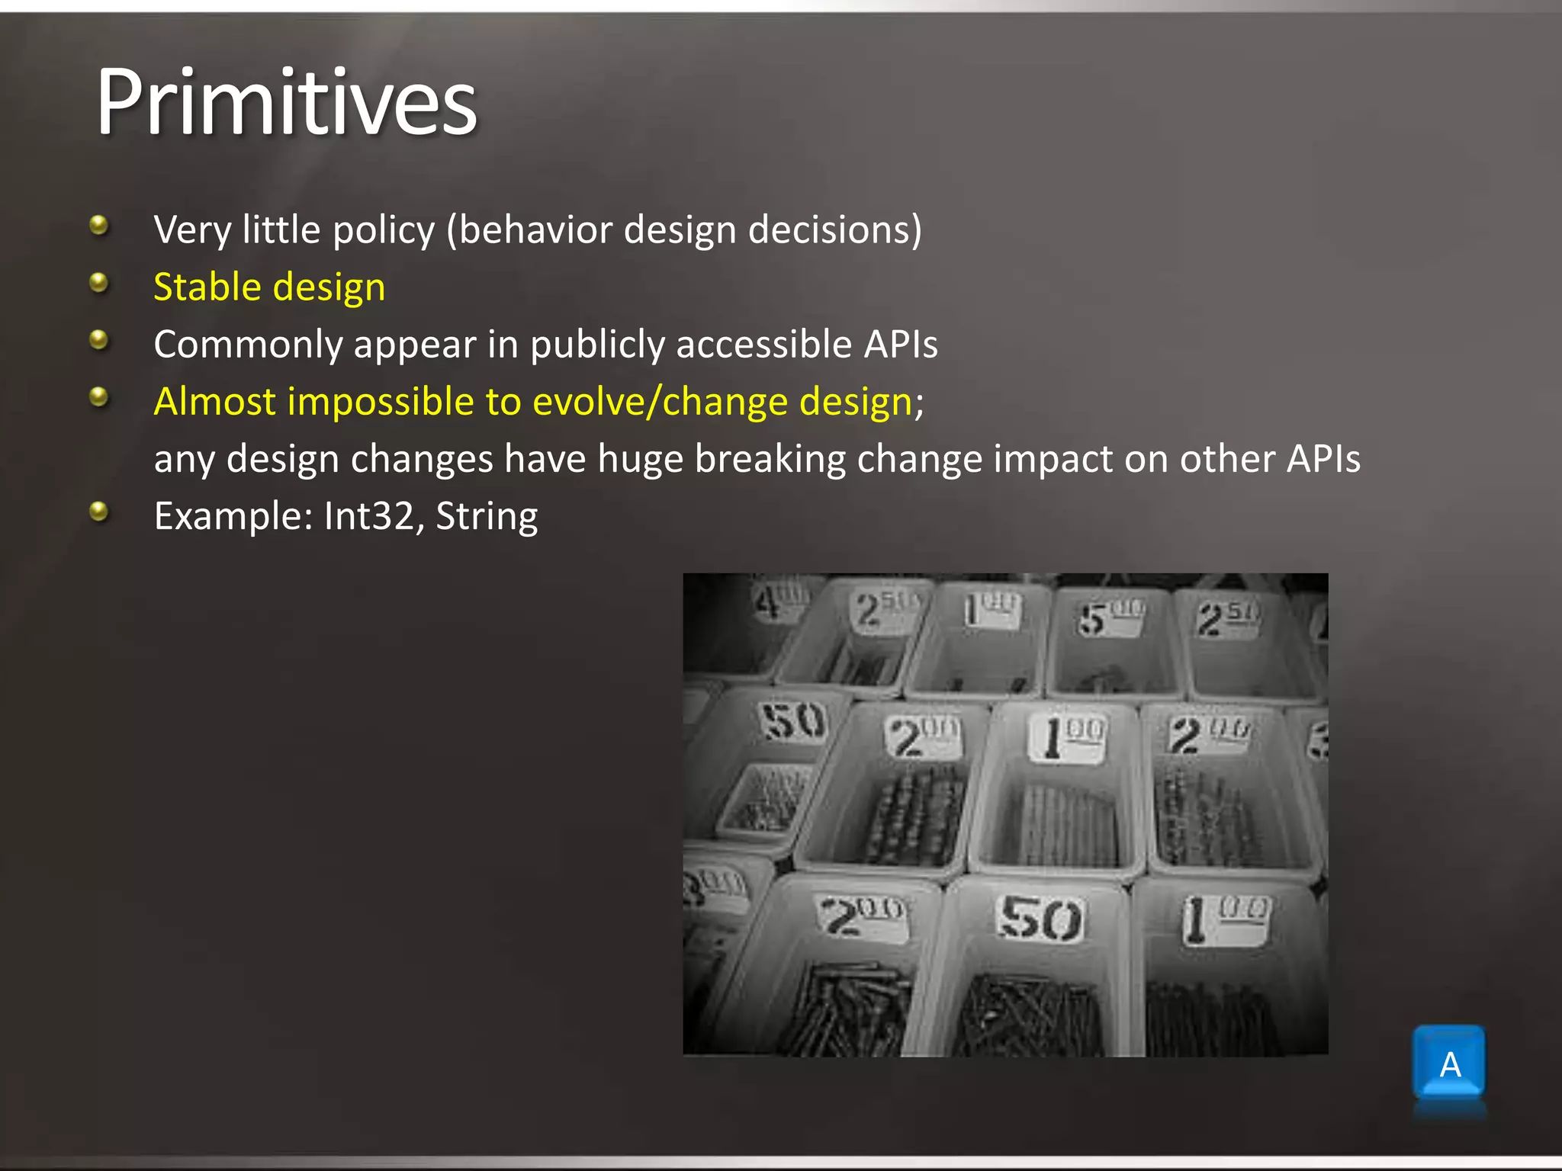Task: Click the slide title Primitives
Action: pyautogui.click(x=286, y=103)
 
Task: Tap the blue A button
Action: pyautogui.click(x=1448, y=1063)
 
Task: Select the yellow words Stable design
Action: pyautogui.click(x=269, y=287)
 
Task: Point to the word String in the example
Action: pyautogui.click(x=487, y=516)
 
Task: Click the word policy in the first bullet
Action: pyautogui.click(x=384, y=230)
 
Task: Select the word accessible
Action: pyautogui.click(x=763, y=345)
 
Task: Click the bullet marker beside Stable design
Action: pyautogui.click(x=98, y=284)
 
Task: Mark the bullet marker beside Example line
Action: pyautogui.click(x=98, y=512)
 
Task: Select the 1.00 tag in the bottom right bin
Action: pyautogui.click(x=1225, y=918)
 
